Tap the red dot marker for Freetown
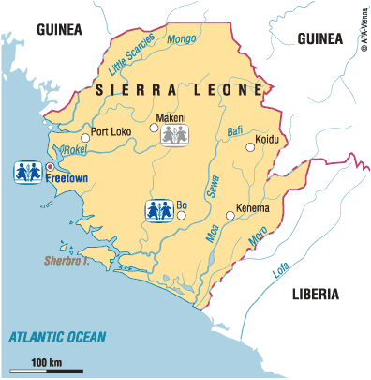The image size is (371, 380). [50, 167]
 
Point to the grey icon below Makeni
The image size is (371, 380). [171, 137]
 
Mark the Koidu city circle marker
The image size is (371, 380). [250, 146]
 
